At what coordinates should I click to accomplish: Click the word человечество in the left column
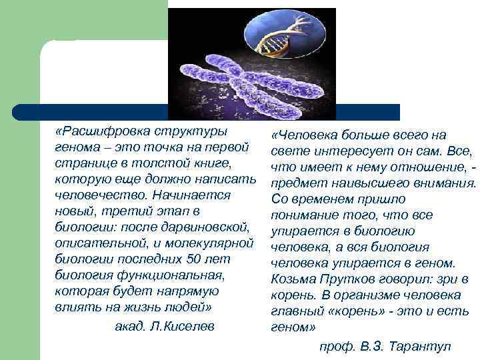pos(93,195)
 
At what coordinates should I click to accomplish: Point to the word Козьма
pos(294,279)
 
